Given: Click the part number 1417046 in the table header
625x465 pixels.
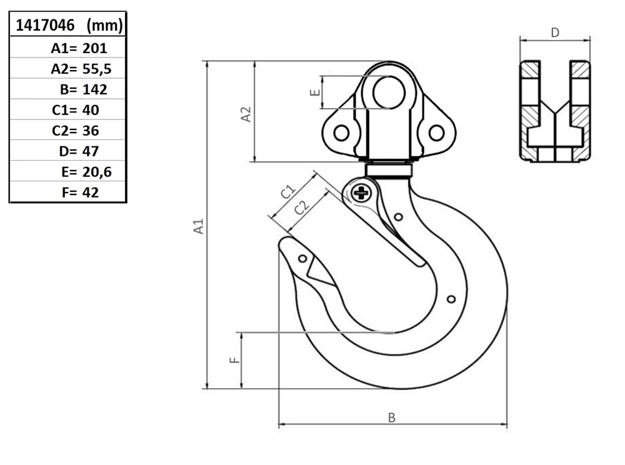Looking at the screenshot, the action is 45,26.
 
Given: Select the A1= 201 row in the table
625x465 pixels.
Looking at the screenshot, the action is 79,48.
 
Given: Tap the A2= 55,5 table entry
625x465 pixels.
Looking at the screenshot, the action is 81,69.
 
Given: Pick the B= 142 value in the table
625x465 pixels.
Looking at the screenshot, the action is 84,89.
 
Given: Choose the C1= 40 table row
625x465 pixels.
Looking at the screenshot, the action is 76,110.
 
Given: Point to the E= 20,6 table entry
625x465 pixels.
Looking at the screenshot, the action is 86,172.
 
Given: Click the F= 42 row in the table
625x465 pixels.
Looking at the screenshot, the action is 80,192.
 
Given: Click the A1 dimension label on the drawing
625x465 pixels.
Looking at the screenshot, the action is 199,226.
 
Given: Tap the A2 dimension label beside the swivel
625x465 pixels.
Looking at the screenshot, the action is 246,114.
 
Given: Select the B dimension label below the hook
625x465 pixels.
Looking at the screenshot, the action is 392,417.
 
